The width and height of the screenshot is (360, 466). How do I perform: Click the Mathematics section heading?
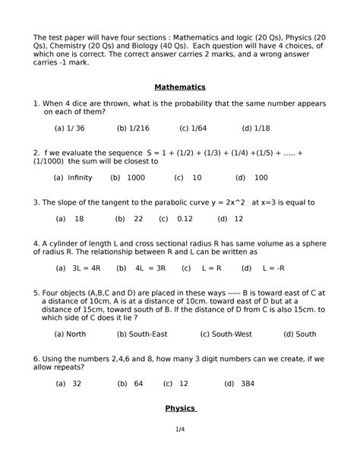point(179,87)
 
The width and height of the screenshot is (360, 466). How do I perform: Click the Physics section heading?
point(180,408)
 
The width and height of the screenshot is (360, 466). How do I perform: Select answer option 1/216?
point(131,128)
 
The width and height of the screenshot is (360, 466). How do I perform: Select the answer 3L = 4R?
point(78,268)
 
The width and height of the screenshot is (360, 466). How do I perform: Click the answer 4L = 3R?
point(142,268)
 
